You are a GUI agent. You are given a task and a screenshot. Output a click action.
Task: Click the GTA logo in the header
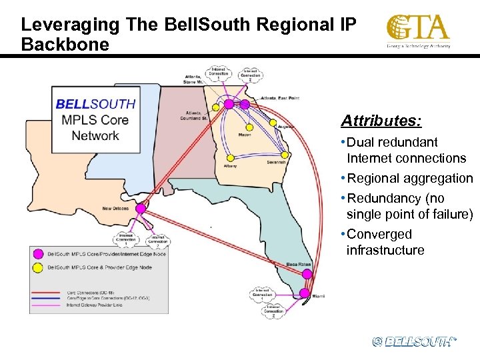[418, 31]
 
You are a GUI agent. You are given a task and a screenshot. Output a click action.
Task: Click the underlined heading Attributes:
[381, 121]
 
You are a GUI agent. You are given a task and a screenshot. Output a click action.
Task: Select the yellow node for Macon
[249, 127]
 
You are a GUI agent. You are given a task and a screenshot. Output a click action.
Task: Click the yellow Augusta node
[273, 123]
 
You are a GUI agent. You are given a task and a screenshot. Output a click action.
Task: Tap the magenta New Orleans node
[141, 209]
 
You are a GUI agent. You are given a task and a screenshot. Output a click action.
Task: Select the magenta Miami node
[305, 293]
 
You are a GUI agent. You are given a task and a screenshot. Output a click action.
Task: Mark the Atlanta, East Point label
[280, 98]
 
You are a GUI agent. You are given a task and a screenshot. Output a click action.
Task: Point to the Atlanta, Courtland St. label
[194, 116]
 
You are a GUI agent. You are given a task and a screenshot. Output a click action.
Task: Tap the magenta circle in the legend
[39, 254]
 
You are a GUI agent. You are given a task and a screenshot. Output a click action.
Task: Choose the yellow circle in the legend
[39, 268]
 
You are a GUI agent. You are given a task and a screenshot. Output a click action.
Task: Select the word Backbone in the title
[65, 44]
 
